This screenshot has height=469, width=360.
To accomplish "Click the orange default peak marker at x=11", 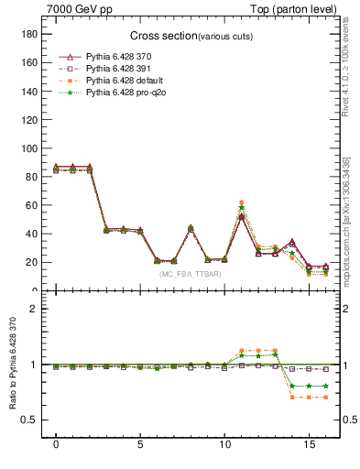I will click(241, 202).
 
